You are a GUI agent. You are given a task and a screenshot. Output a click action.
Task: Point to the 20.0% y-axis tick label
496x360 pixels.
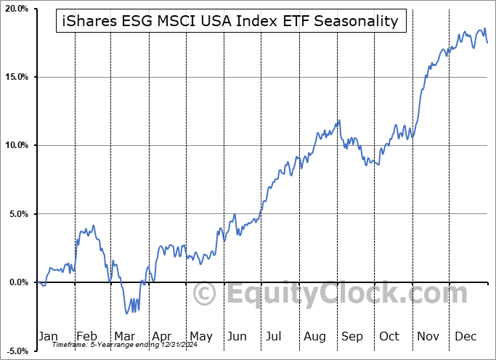coord(17,9)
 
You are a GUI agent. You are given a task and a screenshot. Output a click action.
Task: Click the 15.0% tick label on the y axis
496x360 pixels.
coord(17,77)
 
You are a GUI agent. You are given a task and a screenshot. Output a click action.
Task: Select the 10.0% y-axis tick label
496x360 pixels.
coord(17,145)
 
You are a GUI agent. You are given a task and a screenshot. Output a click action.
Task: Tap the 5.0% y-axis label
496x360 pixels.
coord(18,214)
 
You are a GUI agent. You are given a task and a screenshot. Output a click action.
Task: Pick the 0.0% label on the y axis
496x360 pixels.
coord(18,282)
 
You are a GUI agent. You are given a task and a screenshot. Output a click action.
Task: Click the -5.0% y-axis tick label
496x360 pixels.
coord(17,351)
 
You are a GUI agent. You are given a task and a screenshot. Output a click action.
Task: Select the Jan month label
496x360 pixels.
coord(48,337)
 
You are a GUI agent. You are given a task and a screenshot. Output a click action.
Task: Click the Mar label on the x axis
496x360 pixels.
coord(125,337)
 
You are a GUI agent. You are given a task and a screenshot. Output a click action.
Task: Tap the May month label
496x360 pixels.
coord(200,337)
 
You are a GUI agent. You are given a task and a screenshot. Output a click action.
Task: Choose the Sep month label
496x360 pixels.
coord(352,337)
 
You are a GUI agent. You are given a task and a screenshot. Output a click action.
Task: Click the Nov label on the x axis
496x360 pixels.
coord(428,337)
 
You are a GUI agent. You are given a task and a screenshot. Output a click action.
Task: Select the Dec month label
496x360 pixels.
coord(465,337)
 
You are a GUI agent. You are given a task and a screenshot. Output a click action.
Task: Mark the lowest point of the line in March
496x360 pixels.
coord(126,314)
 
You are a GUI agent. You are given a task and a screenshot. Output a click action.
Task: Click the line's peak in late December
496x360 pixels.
coord(484,29)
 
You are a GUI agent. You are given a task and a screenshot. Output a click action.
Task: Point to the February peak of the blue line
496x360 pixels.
coord(92,226)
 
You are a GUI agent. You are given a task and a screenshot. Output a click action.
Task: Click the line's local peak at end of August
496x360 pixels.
coord(338,120)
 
